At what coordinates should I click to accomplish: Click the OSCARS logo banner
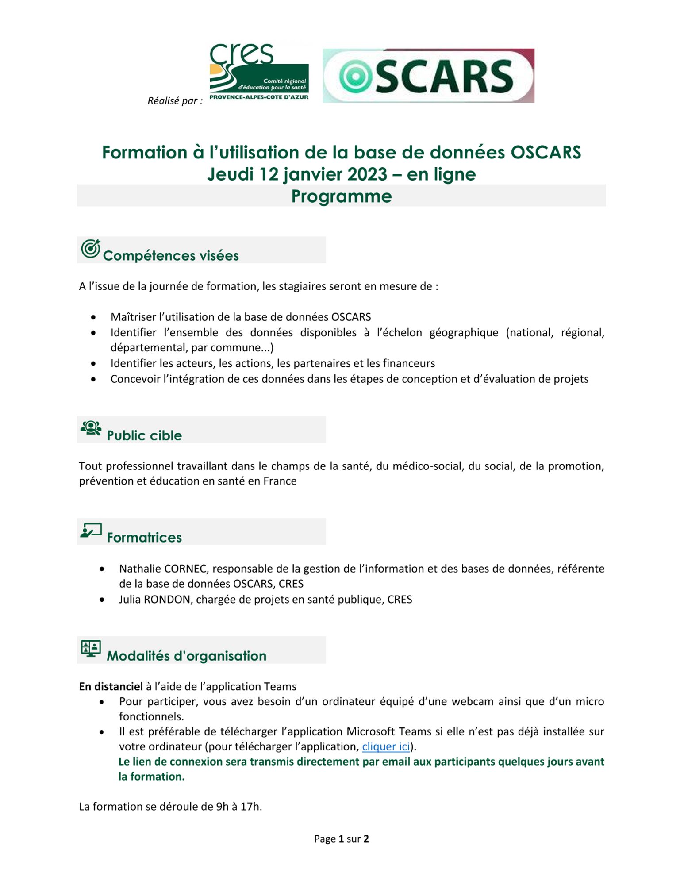pyautogui.click(x=428, y=76)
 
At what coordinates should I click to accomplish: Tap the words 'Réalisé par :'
pyautogui.click(x=175, y=101)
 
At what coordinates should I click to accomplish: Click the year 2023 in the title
pyautogui.click(x=366, y=174)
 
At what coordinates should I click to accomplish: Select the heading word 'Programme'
pyautogui.click(x=341, y=196)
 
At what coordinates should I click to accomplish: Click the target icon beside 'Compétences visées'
pyautogui.click(x=90, y=249)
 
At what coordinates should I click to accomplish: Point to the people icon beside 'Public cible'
pyautogui.click(x=91, y=428)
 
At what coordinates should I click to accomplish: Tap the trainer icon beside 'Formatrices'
pyautogui.click(x=91, y=530)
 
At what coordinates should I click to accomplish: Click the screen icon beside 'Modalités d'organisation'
pyautogui.click(x=91, y=648)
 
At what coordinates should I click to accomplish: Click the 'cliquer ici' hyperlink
pyautogui.click(x=386, y=746)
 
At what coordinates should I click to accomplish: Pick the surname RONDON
pyautogui.click(x=167, y=600)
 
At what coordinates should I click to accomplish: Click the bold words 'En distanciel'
pyautogui.click(x=111, y=686)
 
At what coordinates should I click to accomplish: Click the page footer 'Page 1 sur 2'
pyautogui.click(x=341, y=839)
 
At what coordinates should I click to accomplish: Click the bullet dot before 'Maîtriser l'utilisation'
pyautogui.click(x=93, y=317)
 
